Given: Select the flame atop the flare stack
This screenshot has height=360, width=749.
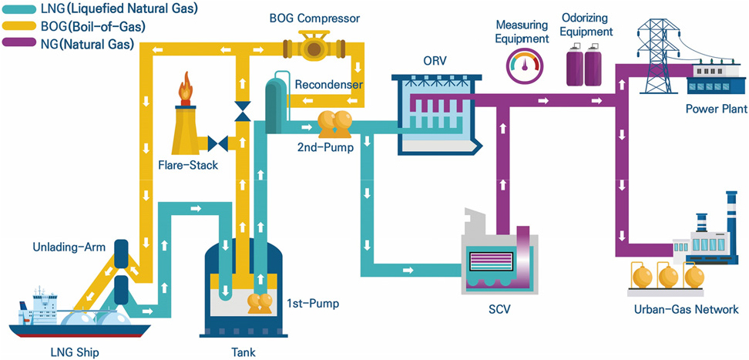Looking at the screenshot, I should tap(186, 88).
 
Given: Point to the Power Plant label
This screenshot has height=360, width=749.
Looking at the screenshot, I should tap(716, 109).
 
